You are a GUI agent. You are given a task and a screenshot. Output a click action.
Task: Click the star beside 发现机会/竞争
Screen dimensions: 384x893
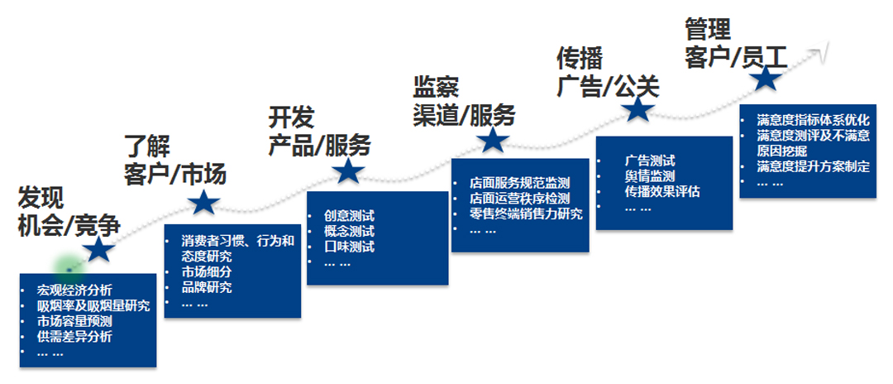pyautogui.click(x=100, y=249)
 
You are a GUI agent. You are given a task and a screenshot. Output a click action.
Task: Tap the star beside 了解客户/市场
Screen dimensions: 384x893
pyautogui.click(x=203, y=203)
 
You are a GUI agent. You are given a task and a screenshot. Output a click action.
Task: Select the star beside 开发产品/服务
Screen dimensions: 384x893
pyautogui.click(x=348, y=171)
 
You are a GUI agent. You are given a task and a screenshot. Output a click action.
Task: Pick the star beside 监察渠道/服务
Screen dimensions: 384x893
pyautogui.click(x=494, y=139)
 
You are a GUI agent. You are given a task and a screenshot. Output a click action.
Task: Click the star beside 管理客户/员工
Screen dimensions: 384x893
pyautogui.click(x=766, y=79)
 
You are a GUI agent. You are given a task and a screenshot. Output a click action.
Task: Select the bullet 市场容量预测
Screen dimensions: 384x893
pyautogui.click(x=74, y=321)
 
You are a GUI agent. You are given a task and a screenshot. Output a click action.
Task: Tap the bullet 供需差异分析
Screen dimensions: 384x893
pyautogui.click(x=74, y=337)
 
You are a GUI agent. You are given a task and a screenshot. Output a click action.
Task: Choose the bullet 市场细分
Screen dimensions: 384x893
pyautogui.click(x=207, y=272)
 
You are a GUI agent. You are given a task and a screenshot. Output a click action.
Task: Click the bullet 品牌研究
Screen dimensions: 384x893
pyautogui.click(x=207, y=288)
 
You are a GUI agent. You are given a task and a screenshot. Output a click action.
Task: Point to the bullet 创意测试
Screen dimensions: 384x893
pyautogui.click(x=349, y=216)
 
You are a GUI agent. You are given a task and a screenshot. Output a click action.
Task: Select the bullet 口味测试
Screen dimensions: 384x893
pyautogui.click(x=349, y=247)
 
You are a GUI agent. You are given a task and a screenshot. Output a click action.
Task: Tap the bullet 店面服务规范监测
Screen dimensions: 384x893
pyautogui.click(x=519, y=183)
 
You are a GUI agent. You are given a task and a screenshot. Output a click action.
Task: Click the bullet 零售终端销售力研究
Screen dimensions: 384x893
pyautogui.click(x=526, y=214)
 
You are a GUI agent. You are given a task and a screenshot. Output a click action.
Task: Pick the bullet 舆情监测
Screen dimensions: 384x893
pyautogui.click(x=649, y=176)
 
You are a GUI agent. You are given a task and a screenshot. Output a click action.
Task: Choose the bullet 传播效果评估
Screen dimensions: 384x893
pyautogui.click(x=661, y=192)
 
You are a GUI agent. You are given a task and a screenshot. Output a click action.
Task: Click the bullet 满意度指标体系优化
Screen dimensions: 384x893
pyautogui.click(x=813, y=120)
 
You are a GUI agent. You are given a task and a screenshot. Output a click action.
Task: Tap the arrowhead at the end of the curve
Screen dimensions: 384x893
pyautogui.click(x=822, y=51)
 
